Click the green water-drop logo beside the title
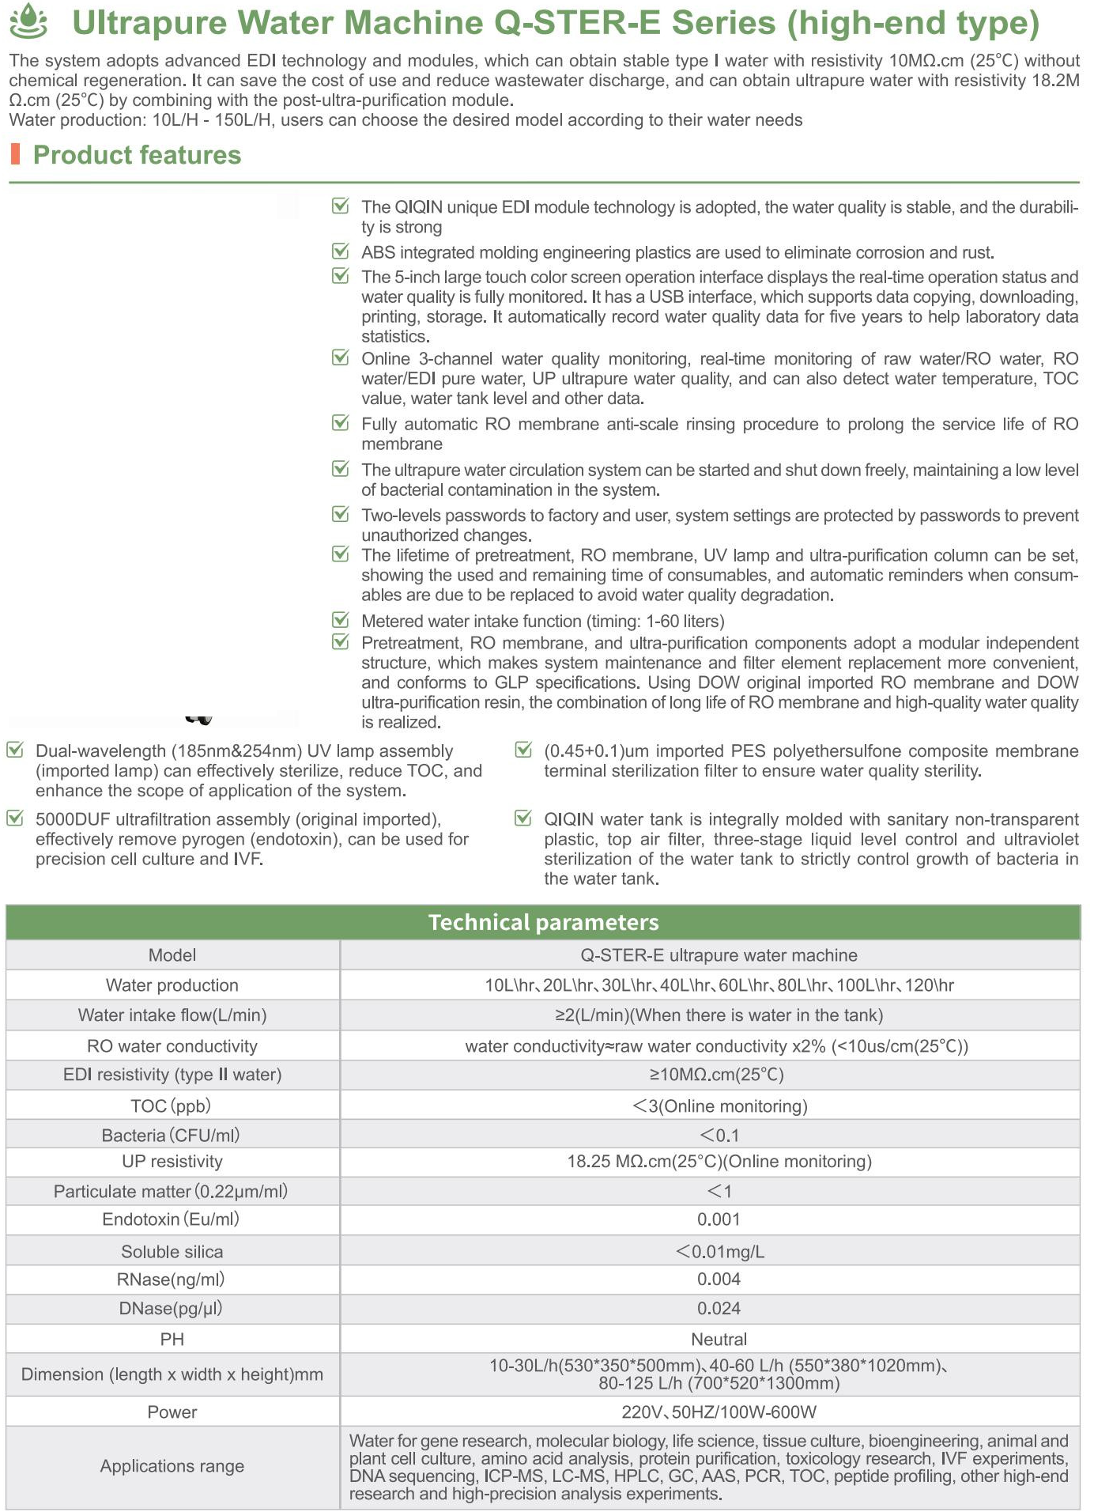[x=28, y=21]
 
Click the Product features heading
[x=137, y=155]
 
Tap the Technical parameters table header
[x=543, y=922]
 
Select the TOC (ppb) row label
[x=171, y=1106]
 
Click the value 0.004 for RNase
[x=719, y=1279]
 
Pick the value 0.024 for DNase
[x=719, y=1308]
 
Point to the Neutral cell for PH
[x=719, y=1339]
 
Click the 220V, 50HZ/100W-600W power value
[x=719, y=1412]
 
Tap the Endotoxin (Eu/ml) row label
[x=171, y=1219]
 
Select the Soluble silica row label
[x=172, y=1251]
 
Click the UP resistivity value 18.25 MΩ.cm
[x=719, y=1161]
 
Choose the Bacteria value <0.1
[x=719, y=1135]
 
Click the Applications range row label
[x=172, y=1465]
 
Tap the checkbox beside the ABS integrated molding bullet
[x=341, y=251]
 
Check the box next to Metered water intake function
[x=341, y=619]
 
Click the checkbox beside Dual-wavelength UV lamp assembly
[x=15, y=750]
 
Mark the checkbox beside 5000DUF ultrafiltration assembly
[x=15, y=818]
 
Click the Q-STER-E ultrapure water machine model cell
[x=719, y=954]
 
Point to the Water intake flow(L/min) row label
[x=172, y=1015]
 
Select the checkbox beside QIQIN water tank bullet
[x=523, y=818]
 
